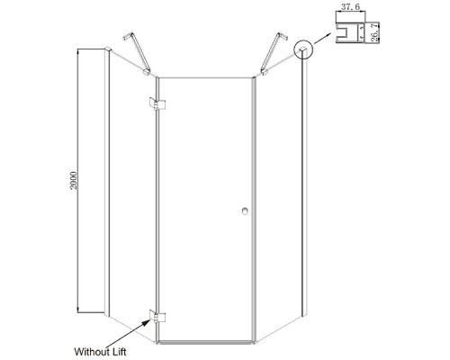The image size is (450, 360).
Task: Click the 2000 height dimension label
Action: pyautogui.click(x=74, y=181)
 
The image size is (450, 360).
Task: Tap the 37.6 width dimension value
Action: pyautogui.click(x=350, y=6)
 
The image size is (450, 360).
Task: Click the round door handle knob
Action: pyautogui.click(x=245, y=211)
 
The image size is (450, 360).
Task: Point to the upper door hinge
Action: pyautogui.click(x=157, y=103)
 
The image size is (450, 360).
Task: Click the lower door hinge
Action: pyautogui.click(x=157, y=316)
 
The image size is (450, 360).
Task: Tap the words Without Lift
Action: pyautogui.click(x=100, y=352)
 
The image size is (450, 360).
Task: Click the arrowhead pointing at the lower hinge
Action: pyautogui.click(x=147, y=323)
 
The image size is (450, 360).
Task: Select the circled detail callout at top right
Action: pyautogui.click(x=303, y=49)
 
